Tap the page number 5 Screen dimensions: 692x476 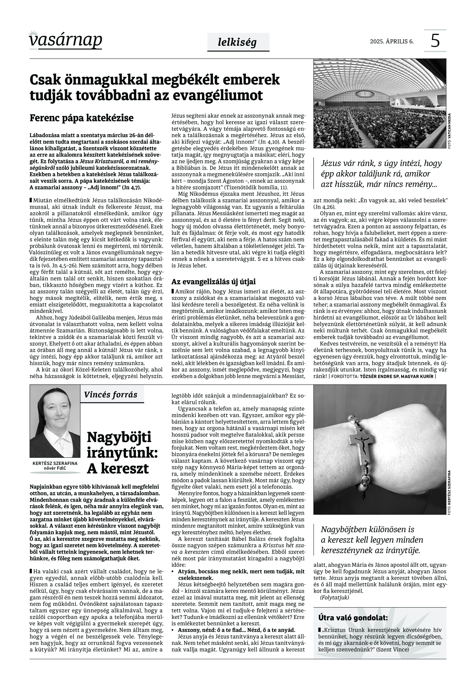(x=435, y=41)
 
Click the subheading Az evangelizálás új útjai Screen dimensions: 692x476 (x=214, y=282)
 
